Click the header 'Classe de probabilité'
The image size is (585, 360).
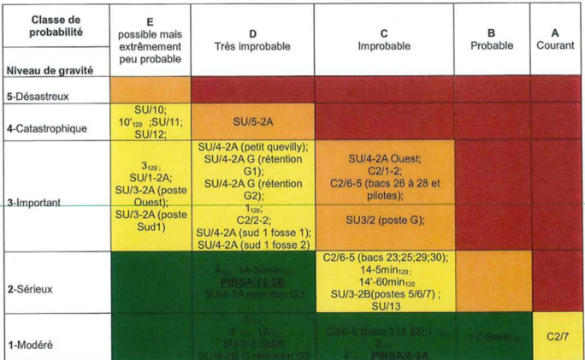(x=56, y=27)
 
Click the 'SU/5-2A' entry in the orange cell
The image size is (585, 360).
(x=252, y=121)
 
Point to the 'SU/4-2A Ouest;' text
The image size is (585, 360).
(x=385, y=158)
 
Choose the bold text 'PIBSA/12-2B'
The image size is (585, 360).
(x=252, y=280)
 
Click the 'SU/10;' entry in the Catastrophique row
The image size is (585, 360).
(x=151, y=109)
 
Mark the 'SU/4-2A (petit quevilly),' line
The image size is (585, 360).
(x=252, y=146)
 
